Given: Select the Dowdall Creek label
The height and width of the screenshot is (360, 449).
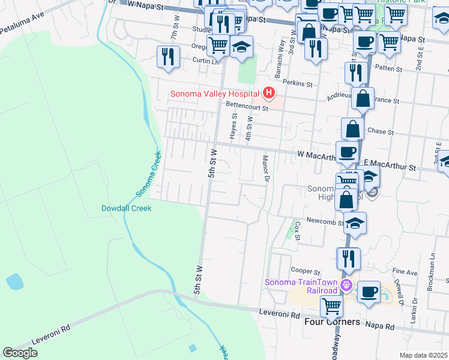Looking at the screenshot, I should click(126, 208).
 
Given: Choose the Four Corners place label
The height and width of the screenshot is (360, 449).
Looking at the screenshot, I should click(332, 322).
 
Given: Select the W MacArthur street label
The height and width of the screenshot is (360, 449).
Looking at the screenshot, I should click(316, 155).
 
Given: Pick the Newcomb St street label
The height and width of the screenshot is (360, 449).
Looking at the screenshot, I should click(324, 221).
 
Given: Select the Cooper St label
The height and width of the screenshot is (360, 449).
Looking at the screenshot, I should click(303, 271).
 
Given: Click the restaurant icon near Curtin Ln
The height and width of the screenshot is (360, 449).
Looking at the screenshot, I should click(167, 58).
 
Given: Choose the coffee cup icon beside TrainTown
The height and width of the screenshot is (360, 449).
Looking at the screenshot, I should click(369, 292).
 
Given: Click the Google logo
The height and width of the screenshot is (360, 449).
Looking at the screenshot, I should click(20, 353).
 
